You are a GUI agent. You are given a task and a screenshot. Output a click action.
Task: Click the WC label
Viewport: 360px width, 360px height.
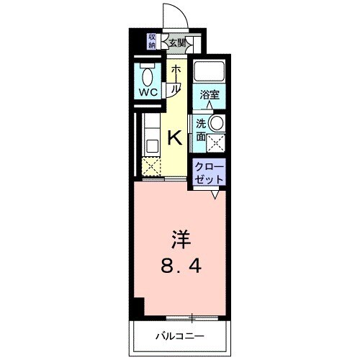[149, 93]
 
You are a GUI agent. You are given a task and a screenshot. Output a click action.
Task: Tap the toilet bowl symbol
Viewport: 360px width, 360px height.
[149, 76]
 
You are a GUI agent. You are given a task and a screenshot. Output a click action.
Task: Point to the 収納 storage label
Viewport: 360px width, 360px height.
[152, 41]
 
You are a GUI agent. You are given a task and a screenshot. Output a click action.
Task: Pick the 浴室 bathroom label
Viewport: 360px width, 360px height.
[210, 93]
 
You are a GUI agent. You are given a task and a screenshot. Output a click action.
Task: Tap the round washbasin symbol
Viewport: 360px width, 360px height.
[215, 122]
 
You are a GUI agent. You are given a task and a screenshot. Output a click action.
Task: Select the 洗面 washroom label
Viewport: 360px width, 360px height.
[201, 130]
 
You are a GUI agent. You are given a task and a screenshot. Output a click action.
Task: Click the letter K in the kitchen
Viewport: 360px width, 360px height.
[174, 138]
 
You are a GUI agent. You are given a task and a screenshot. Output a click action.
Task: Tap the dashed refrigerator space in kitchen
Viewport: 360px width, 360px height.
[152, 167]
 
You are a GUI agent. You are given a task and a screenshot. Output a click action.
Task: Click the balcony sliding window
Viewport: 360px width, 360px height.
[193, 317]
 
